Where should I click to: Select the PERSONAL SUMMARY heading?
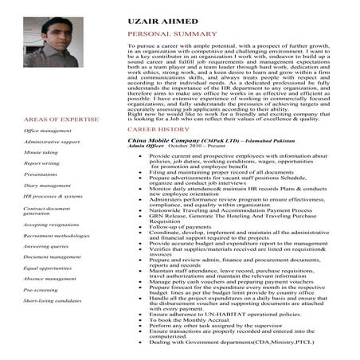[171, 34]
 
